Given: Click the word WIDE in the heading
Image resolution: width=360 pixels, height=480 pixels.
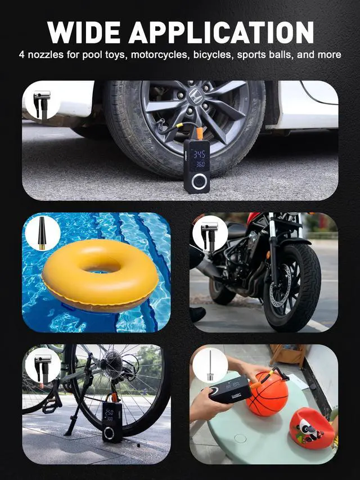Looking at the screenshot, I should pos(84,32).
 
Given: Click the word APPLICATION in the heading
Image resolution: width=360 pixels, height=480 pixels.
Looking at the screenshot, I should pos(220,32).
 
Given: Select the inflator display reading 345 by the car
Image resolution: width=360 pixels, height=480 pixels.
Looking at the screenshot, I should pos(199,154).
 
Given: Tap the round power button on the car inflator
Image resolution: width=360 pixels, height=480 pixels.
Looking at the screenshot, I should pos(199,182).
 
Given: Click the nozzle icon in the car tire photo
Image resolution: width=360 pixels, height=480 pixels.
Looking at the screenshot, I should pos(42,101).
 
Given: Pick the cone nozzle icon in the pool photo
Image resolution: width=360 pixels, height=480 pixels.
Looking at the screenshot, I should pos(42,232).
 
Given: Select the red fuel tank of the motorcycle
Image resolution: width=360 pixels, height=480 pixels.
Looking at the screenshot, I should pos(254,219).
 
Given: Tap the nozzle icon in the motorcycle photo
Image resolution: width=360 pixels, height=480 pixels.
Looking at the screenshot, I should pos(210,233).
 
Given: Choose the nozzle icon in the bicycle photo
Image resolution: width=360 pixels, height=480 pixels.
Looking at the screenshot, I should pos(42,365).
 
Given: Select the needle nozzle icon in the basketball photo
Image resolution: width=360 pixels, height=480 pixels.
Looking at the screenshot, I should pos(210,365).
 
